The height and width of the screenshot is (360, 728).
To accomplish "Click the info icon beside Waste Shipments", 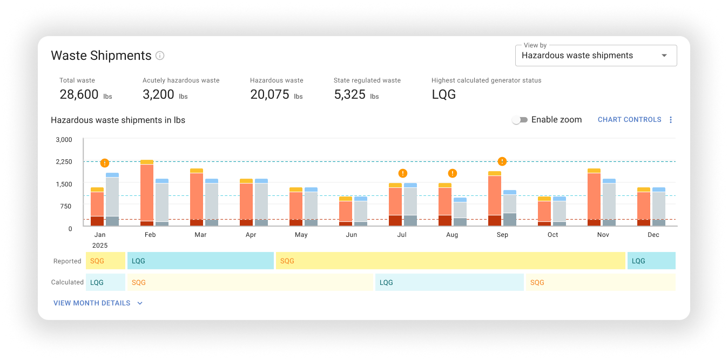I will point(160,56).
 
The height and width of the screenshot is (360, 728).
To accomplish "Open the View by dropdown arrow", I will point(664,56).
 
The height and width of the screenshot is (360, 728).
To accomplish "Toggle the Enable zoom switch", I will point(520,120).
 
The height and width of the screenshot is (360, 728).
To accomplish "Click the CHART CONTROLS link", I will point(629,120).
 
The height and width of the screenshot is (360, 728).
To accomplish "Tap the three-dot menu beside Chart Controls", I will point(671,120).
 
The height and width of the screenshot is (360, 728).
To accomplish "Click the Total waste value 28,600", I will point(78,95).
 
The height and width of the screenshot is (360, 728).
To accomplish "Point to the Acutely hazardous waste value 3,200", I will point(158,95).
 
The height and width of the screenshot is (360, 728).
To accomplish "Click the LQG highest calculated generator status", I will point(443,95).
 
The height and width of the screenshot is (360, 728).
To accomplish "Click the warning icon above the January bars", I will point(105,163).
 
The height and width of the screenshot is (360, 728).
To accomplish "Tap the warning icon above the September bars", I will point(502,161).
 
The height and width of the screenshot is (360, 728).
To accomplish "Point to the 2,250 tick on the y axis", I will point(64,162).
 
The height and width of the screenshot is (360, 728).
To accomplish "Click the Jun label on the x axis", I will point(352,235).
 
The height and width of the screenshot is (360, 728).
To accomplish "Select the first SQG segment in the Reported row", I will point(105,261).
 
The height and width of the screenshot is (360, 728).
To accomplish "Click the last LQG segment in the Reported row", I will point(651,261).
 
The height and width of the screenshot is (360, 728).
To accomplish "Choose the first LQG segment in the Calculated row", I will point(105,282).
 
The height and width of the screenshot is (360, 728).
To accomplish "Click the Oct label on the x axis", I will point(552,235).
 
